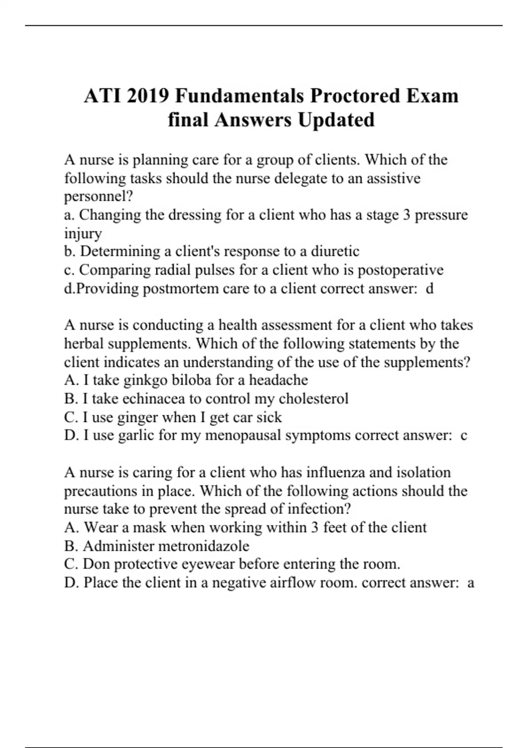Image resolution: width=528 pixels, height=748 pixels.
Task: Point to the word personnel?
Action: click(99, 197)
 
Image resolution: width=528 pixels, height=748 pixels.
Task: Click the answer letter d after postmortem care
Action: click(430, 289)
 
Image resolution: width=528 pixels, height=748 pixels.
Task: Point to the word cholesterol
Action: click(313, 399)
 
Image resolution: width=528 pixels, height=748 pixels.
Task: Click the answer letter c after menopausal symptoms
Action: click(463, 436)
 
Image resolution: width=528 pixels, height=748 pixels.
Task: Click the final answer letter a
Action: click(470, 583)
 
